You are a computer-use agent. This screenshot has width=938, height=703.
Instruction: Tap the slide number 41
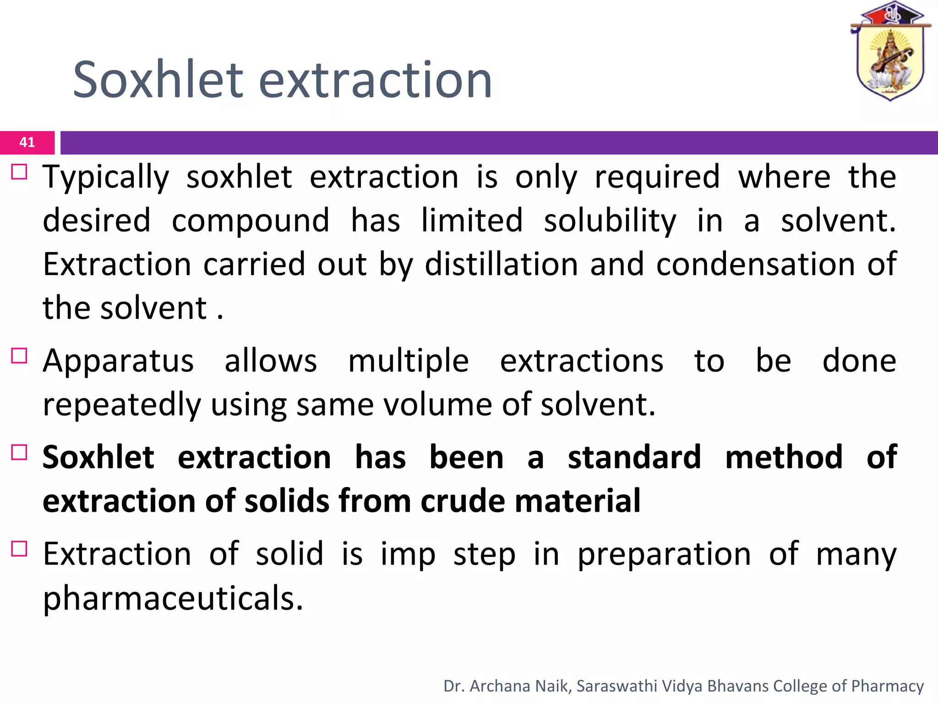click(27, 142)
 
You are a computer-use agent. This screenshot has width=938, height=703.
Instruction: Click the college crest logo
click(889, 51)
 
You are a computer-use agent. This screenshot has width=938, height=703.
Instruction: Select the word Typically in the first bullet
click(106, 178)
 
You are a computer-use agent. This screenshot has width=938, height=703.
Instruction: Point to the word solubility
click(610, 221)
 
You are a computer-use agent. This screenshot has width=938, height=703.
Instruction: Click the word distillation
click(501, 265)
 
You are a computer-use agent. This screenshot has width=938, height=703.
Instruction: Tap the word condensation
click(755, 265)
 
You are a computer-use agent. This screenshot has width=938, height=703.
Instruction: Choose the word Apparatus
click(118, 361)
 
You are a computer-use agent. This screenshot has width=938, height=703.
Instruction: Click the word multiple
click(408, 361)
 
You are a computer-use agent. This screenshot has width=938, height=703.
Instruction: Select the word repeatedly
click(122, 405)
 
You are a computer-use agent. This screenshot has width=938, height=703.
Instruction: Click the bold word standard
click(634, 457)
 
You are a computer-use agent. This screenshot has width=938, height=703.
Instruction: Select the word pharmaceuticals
click(173, 598)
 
